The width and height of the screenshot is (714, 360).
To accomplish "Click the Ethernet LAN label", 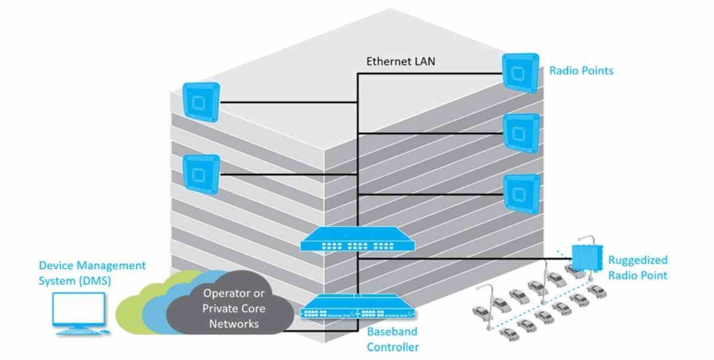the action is (401, 61).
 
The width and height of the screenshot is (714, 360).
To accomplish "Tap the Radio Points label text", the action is (581, 71).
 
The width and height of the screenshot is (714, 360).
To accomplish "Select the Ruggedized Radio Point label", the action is (638, 268).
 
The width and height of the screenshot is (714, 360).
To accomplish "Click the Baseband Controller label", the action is (393, 339).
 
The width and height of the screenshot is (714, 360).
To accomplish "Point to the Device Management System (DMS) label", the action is (92, 273).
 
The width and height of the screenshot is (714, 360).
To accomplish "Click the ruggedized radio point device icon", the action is (587, 258).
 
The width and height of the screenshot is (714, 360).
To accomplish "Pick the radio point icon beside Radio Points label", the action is (521, 73).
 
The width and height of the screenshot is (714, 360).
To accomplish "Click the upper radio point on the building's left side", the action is (201, 102).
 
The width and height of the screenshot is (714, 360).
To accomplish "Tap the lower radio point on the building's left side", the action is (201, 174).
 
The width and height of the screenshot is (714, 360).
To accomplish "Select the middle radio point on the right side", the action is (522, 134).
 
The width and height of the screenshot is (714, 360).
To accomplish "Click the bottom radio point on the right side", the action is (522, 194).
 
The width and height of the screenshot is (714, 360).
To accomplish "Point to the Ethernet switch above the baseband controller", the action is (358, 239).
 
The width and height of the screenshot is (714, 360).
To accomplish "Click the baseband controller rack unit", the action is (358, 307).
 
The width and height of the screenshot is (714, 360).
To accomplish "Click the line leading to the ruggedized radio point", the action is (465, 259).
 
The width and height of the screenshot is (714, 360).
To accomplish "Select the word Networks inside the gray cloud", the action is (234, 324).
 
